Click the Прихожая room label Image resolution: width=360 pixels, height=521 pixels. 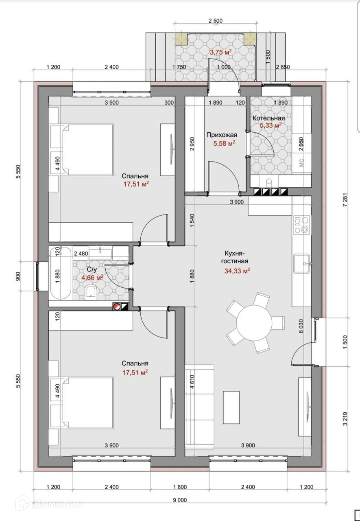coord(222,135)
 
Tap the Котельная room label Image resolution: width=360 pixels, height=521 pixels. coord(268,118)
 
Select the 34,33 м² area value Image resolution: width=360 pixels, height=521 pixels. coord(237,271)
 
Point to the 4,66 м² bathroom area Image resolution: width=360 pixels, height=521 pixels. coord(92,278)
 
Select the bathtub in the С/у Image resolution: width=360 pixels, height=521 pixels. coord(61,274)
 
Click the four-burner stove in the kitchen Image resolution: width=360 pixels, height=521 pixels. coord(302,225)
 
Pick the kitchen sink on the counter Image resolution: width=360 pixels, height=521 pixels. coord(302,263)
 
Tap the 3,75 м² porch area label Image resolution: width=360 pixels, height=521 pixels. coord(221,52)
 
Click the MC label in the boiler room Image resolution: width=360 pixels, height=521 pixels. coord(301,162)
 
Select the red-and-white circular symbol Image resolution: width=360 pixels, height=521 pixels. coord(116,306)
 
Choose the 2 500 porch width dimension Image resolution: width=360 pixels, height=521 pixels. coord(216,21)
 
